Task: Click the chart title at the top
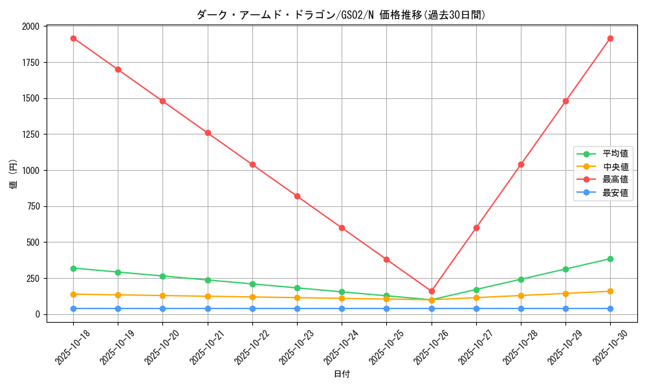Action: tap(341, 15)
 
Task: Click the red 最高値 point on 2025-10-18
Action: tap(73, 38)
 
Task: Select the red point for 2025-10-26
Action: tap(432, 291)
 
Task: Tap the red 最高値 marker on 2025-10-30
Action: tap(610, 38)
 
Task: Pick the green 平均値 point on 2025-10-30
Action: tap(610, 259)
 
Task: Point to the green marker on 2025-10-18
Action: tap(73, 268)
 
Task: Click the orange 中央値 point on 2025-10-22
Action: tap(252, 297)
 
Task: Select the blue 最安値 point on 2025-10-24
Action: tap(342, 308)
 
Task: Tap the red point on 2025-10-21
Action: tap(208, 133)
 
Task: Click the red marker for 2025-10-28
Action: tap(521, 164)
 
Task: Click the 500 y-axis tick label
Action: tap(32, 242)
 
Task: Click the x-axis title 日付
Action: tap(341, 374)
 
